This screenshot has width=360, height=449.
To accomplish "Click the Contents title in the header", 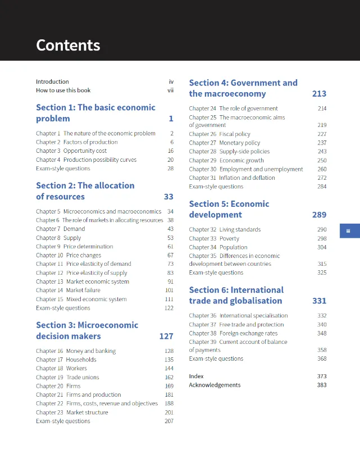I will [x=68, y=45].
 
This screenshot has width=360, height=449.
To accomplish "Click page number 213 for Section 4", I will [x=319, y=94].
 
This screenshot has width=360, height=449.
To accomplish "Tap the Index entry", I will [x=197, y=376].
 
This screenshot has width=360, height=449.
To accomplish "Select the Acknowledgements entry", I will [x=215, y=385].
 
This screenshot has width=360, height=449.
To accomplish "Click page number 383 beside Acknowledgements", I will [x=321, y=385].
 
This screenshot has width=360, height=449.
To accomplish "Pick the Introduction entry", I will [x=52, y=81].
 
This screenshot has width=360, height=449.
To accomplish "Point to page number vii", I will [x=170, y=90].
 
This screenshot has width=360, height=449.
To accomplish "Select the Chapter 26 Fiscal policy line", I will [x=220, y=134].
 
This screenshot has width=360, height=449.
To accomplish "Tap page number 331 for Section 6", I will [x=319, y=301].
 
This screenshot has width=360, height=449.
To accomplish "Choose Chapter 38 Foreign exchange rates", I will [x=233, y=333].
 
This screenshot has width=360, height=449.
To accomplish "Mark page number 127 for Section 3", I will [x=166, y=336].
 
